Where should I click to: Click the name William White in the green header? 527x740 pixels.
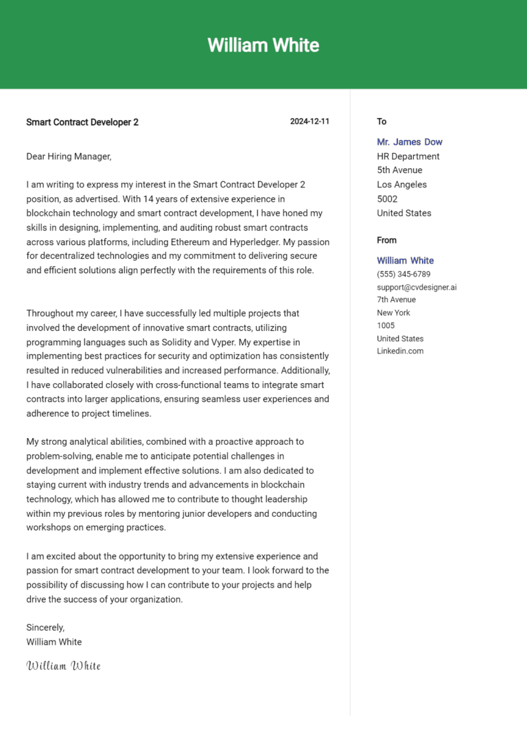(263, 45)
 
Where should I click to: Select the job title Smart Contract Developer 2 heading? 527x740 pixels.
(82, 122)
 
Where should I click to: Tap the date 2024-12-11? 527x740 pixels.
(309, 122)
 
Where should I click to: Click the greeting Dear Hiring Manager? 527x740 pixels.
(69, 157)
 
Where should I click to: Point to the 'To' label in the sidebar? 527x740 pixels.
(382, 122)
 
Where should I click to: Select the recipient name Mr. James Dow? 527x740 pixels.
(410, 142)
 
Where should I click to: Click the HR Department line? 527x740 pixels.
(408, 157)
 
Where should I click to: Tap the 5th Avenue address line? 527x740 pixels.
(399, 170)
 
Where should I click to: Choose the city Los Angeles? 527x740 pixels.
(401, 185)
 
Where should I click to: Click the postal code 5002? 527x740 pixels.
(388, 199)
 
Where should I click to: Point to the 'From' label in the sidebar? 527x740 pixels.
(386, 240)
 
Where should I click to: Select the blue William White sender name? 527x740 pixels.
(405, 261)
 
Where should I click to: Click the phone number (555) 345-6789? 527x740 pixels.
(403, 275)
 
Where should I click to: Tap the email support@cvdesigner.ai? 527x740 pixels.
(417, 287)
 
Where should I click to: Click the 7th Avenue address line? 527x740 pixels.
(396, 300)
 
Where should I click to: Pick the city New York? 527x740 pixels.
(393, 313)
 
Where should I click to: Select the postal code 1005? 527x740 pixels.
(386, 325)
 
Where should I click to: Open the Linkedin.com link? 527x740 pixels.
(400, 351)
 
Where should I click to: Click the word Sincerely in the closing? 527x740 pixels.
(45, 627)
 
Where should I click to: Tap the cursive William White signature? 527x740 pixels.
(63, 666)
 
